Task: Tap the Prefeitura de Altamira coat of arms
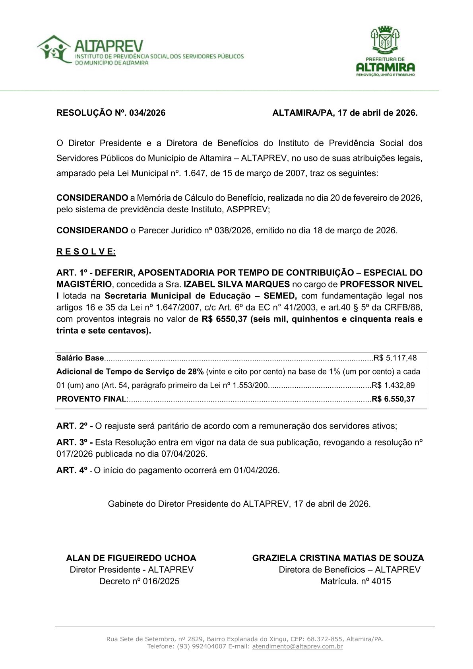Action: [x=385, y=40]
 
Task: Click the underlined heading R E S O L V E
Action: [x=86, y=252]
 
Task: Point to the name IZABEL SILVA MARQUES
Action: [x=236, y=284]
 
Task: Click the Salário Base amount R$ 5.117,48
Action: [x=395, y=358]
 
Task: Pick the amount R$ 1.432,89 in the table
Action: [x=393, y=385]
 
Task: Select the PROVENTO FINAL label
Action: [x=91, y=399]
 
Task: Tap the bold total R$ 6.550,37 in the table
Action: [x=393, y=399]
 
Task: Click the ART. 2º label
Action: [x=74, y=426]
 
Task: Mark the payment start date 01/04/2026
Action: [x=256, y=470]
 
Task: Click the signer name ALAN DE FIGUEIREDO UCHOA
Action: [x=131, y=558]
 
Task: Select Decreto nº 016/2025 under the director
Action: [x=139, y=581]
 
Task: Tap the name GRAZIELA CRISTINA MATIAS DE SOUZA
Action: [x=338, y=558]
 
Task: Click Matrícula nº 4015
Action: [x=355, y=581]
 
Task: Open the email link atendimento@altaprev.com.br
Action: [x=297, y=646]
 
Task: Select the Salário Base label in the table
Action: [x=80, y=358]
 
